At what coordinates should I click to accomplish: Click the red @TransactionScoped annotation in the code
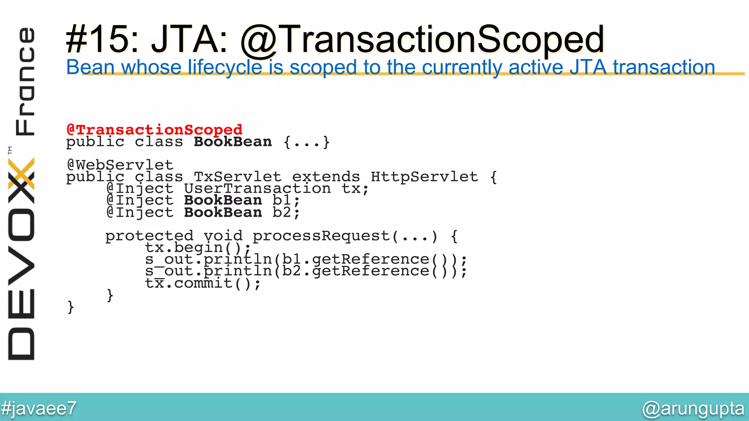point(154,129)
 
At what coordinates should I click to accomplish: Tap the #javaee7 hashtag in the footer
point(39,408)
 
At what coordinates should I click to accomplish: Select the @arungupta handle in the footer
point(693,408)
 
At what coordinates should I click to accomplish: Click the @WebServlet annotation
point(120,165)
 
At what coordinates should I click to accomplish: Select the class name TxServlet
point(237,177)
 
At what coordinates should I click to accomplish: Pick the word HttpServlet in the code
point(424,177)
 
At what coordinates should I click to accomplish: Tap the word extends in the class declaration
point(326,177)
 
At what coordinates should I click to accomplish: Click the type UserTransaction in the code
point(257,189)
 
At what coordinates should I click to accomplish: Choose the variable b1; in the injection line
point(286,201)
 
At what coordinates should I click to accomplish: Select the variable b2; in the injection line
point(286,213)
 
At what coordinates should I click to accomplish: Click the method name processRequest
point(321,236)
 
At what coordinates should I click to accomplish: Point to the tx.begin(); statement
point(197,248)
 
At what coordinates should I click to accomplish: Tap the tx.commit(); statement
point(203,283)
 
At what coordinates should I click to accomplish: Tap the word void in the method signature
point(223,236)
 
